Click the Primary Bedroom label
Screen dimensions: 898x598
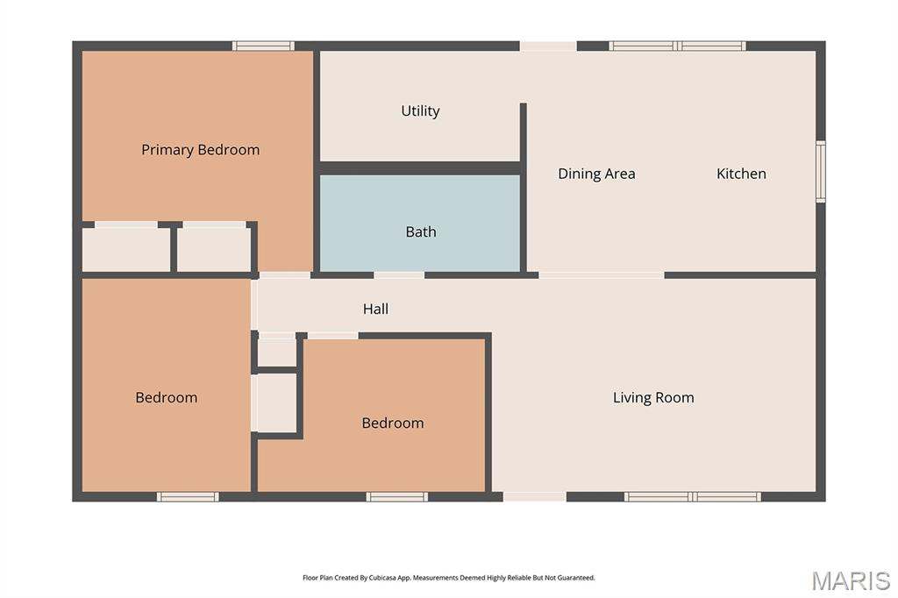point(201,150)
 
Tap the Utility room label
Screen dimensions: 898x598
point(420,111)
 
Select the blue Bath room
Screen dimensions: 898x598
point(420,224)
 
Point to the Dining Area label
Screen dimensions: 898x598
point(596,174)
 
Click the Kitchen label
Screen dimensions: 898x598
point(741,174)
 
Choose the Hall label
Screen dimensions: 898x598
point(375,310)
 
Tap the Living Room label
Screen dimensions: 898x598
point(653,397)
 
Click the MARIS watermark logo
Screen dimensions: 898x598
point(851,580)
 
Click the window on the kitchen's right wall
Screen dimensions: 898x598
point(821,171)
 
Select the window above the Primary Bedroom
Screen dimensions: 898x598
point(263,46)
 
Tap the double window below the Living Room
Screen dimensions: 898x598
point(693,496)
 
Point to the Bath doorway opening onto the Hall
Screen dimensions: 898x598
point(399,275)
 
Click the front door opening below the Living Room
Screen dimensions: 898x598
point(535,496)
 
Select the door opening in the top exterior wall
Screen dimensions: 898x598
point(548,46)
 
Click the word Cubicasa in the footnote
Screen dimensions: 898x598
point(383,578)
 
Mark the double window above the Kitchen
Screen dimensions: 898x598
point(678,46)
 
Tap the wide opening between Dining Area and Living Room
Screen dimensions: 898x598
point(602,275)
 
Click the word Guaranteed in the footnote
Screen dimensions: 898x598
point(575,578)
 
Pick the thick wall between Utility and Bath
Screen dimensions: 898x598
point(420,168)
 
